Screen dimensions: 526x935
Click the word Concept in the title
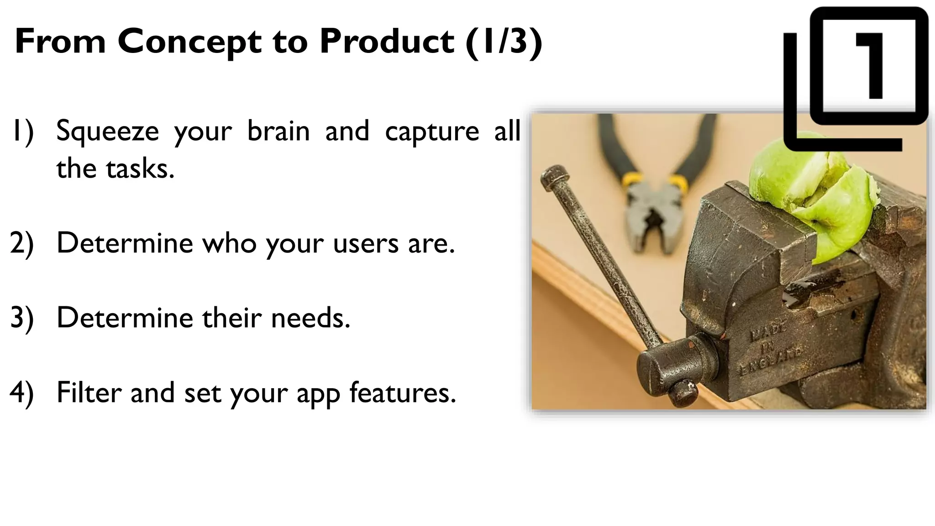tap(189, 42)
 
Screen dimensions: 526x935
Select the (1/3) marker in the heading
tap(504, 42)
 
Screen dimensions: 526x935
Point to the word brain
tap(278, 131)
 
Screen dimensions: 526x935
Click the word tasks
tap(140, 169)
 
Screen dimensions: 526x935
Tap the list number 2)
tap(22, 244)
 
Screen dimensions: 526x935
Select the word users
tap(366, 243)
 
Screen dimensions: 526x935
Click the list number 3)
tap(22, 318)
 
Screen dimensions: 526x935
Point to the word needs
tap(310, 318)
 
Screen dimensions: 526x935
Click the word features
tap(403, 393)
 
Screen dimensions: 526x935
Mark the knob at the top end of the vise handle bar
tap(554, 178)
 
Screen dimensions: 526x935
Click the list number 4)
tap(22, 393)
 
